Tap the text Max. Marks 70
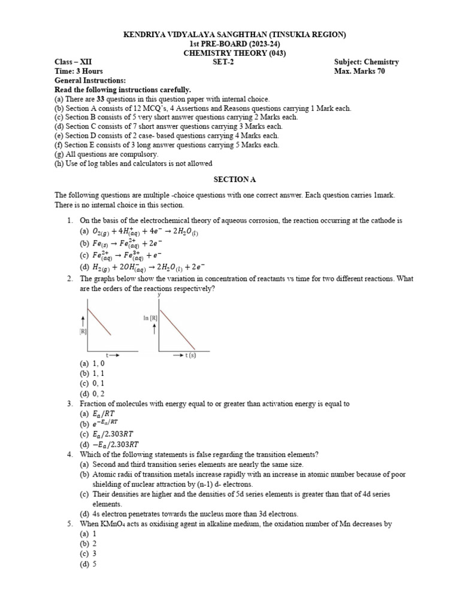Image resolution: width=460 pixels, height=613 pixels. pos(359,71)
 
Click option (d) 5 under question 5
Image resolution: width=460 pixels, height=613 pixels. pos(87,563)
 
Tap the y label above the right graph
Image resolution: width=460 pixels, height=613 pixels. pos(159,295)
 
